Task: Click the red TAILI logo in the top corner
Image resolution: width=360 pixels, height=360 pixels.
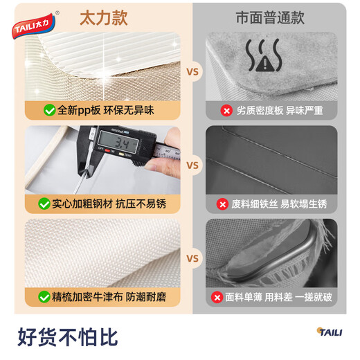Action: pos(35,27)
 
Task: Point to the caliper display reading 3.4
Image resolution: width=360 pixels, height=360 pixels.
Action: pos(125,144)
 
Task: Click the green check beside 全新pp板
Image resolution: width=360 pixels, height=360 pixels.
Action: pos(50,110)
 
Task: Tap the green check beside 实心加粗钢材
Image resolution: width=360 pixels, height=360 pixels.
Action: pos(50,204)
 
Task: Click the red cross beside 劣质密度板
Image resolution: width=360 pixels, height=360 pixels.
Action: pos(225,110)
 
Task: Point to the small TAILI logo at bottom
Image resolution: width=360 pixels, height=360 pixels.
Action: pos(330,332)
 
